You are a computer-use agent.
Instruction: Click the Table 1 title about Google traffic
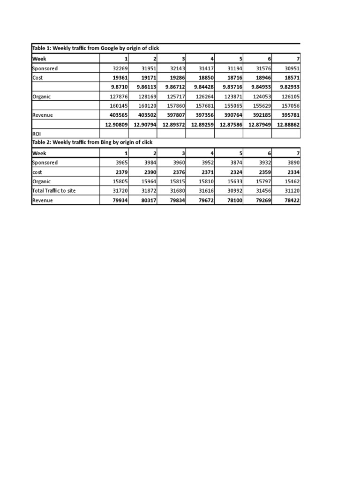coord(95,49)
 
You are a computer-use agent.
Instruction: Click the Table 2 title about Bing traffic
coord(92,142)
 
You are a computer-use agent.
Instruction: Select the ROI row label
coord(37,134)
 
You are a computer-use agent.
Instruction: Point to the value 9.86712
coord(172,87)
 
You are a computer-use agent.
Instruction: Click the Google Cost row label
coord(37,77)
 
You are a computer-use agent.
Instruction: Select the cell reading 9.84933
coord(258,87)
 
